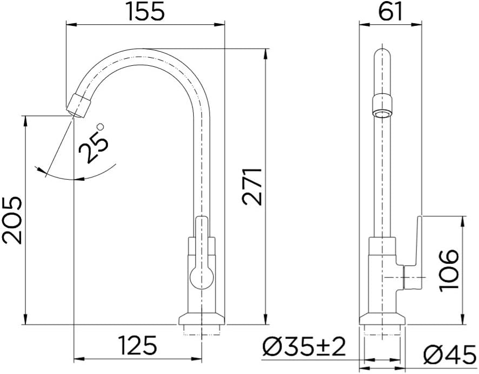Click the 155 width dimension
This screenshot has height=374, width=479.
click(x=145, y=11)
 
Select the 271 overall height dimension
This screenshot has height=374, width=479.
click(x=252, y=186)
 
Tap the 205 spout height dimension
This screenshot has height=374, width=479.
click(x=12, y=220)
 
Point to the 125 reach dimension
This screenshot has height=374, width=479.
click(x=138, y=345)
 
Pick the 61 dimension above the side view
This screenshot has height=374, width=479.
click(x=391, y=11)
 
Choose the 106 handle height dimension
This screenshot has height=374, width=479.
click(x=448, y=270)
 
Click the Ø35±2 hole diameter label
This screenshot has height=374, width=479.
click(x=304, y=346)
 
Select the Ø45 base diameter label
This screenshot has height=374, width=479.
click(x=449, y=354)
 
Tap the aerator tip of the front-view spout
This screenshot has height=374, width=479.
click(x=79, y=106)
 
